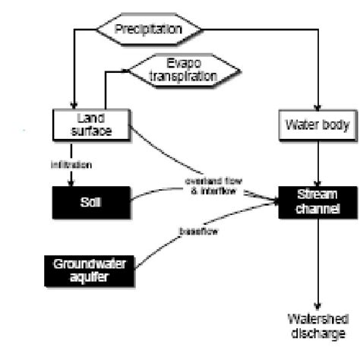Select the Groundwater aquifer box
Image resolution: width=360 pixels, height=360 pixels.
90,271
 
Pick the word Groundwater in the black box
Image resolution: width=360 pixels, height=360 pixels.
90,265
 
